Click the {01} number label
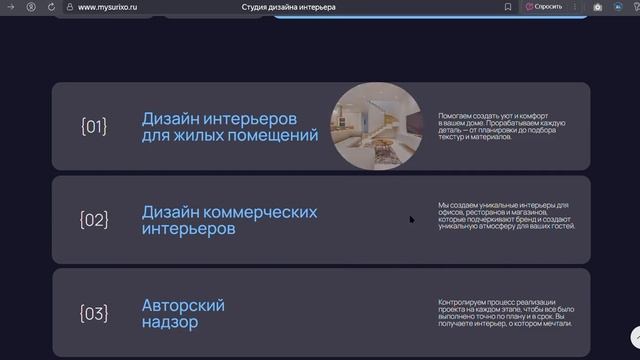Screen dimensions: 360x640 pyautogui.click(x=93, y=126)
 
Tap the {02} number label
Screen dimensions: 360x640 pyautogui.click(x=93, y=220)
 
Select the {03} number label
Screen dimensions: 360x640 pyautogui.click(x=93, y=314)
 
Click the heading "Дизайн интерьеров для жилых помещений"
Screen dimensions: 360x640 pyautogui.click(x=229, y=126)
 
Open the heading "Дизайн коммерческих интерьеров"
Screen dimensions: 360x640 pyautogui.click(x=229, y=220)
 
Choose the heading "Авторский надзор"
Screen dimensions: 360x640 pyautogui.click(x=183, y=314)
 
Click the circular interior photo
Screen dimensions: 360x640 pyautogui.click(x=377, y=127)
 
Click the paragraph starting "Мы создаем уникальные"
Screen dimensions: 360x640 pyautogui.click(x=506, y=216)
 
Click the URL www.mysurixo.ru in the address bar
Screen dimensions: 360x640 pyautogui.click(x=107, y=7)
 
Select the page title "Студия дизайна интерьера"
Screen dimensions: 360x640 pyautogui.click(x=289, y=7)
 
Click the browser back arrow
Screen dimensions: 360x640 pyautogui.click(x=12, y=7)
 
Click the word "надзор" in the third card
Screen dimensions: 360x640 pyautogui.click(x=170, y=323)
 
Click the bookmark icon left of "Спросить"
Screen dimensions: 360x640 pyautogui.click(x=508, y=7)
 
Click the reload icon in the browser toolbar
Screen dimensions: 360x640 pyautogui.click(x=51, y=7)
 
